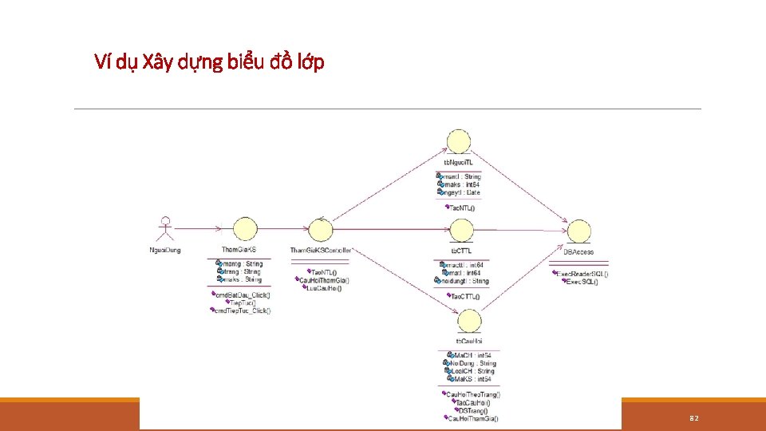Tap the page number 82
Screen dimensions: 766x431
coord(693,418)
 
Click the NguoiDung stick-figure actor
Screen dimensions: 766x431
coord(165,230)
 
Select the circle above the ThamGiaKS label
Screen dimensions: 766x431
coord(245,230)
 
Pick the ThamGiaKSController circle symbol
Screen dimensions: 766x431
coord(321,231)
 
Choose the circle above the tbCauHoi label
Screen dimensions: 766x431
coord(469,321)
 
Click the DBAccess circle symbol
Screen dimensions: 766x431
coord(578,231)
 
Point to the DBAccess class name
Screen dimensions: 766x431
coord(578,251)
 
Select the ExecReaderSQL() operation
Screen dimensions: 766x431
coord(582,274)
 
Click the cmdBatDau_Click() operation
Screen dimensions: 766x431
coord(243,295)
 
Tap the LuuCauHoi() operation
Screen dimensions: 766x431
coord(323,288)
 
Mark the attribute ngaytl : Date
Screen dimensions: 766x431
coord(462,192)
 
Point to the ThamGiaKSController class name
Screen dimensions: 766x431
coord(321,251)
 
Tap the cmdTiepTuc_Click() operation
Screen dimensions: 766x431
coord(243,310)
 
